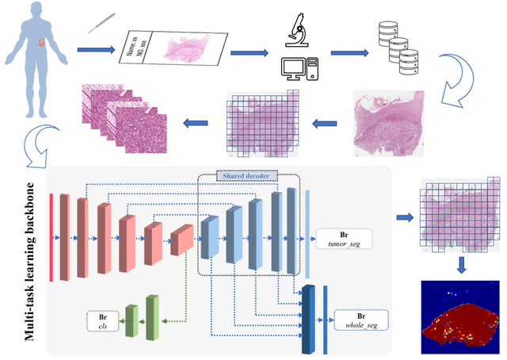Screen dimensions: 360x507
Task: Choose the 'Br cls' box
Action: pos(103,321)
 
